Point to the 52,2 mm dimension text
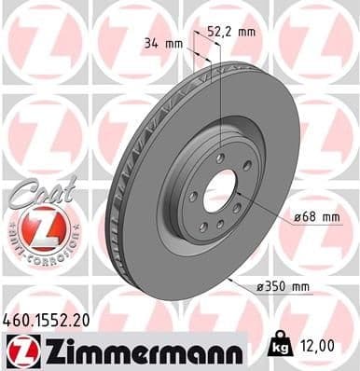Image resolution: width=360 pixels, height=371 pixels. [x=232, y=31]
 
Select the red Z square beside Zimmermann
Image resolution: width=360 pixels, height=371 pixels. [x=18, y=350]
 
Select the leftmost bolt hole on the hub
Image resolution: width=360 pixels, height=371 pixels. [x=191, y=195]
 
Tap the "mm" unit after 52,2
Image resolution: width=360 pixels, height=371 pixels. [x=247, y=31]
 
